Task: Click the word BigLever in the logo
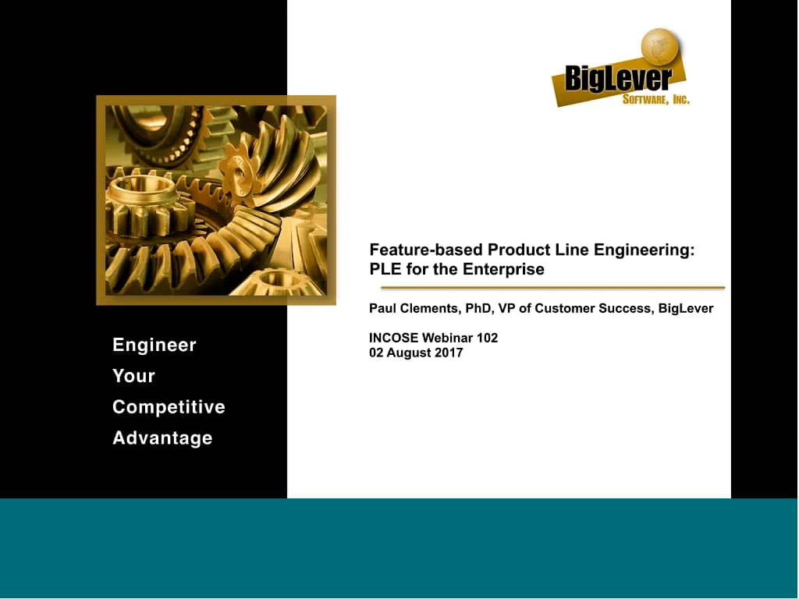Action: point(618,79)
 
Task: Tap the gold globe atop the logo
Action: point(660,46)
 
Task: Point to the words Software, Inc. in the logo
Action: point(655,99)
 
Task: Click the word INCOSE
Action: point(394,338)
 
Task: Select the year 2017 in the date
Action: point(448,353)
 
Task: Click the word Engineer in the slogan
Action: point(154,345)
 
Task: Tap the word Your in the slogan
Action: point(133,376)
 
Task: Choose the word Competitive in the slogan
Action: point(169,407)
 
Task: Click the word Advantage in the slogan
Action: point(162,438)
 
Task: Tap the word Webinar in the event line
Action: point(447,338)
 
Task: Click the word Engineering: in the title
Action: point(645,250)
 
